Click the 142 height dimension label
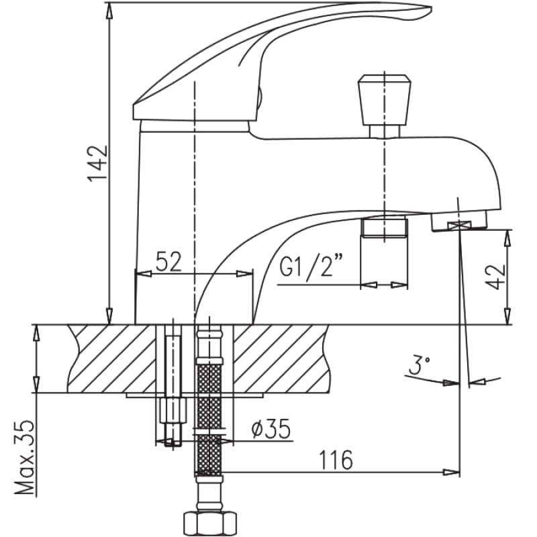point(97,163)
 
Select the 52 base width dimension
point(169,262)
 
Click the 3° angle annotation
point(419,367)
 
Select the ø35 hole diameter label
point(271,429)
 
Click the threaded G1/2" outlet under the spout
point(385,227)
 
